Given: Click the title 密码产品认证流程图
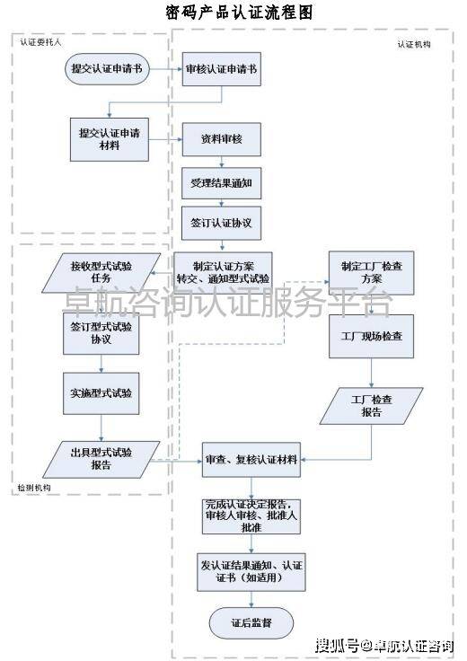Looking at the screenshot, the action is [x=239, y=13].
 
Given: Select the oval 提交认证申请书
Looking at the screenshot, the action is [x=107, y=69].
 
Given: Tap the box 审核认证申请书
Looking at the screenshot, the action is [x=221, y=69].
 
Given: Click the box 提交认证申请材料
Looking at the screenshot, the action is [x=110, y=139].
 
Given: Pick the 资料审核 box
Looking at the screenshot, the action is [x=221, y=139].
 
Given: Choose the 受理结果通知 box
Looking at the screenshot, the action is [x=221, y=183].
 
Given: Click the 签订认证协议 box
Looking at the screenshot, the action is [x=221, y=223].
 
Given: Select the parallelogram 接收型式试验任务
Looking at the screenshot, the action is [x=101, y=273].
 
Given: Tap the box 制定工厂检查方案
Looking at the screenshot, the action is [x=371, y=273].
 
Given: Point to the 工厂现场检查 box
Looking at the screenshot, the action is [x=371, y=337].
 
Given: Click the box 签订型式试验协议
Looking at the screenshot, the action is [x=101, y=333].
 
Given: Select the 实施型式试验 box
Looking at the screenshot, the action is [x=101, y=393].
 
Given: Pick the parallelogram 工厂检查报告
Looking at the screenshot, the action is [x=371, y=406].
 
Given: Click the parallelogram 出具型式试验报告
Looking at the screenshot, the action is [x=101, y=460].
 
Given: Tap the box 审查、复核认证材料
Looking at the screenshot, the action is [x=251, y=460].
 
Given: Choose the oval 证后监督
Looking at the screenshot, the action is [x=251, y=622].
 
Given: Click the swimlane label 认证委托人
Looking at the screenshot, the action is [x=40, y=42].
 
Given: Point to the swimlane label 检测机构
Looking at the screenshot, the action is [x=34, y=488].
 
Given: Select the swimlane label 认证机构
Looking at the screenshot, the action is [x=414, y=44].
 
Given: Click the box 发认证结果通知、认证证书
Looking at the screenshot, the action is [x=251, y=572].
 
